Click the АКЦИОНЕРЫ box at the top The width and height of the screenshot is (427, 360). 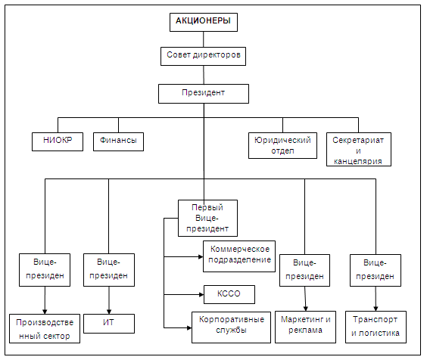[x=204, y=22]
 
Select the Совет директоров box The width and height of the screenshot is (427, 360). [x=203, y=56]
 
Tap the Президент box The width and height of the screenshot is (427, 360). [x=204, y=94]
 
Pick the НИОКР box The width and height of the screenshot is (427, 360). [x=58, y=141]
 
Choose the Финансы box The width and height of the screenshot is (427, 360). [x=118, y=141]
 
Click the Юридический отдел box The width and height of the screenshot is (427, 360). [x=282, y=145]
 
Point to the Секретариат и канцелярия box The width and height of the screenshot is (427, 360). [x=359, y=149]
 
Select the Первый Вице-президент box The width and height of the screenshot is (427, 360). [x=207, y=218]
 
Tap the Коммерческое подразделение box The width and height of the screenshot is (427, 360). [x=239, y=256]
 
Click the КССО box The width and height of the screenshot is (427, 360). [x=229, y=294]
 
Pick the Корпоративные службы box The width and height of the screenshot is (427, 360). [x=231, y=327]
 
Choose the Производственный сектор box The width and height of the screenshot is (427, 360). [x=45, y=329]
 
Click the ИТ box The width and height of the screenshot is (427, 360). [x=109, y=324]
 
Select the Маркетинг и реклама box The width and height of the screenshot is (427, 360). [x=305, y=327]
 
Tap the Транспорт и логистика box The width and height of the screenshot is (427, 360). [x=376, y=327]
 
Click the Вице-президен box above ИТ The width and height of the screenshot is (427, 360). [x=109, y=270]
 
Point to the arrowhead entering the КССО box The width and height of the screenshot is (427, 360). [x=201, y=294]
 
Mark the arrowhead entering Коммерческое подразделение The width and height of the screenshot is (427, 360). [x=201, y=256]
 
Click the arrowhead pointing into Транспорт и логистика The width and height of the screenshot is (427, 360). [x=376, y=309]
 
